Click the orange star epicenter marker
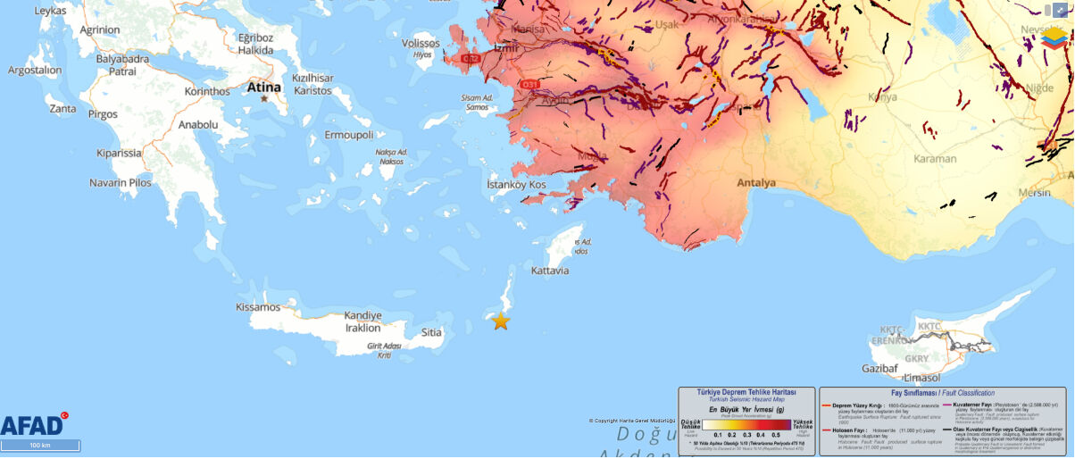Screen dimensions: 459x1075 pyautogui.click(x=501, y=321)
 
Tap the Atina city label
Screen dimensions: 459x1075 pyautogui.click(x=263, y=88)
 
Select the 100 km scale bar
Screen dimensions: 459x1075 pyautogui.click(x=40, y=445)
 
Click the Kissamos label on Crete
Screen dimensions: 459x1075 pyautogui.click(x=258, y=306)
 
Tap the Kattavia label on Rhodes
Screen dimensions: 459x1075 pyautogui.click(x=549, y=270)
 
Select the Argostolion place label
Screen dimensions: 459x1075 pyautogui.click(x=35, y=70)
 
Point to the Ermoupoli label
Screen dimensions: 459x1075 pyautogui.click(x=348, y=135)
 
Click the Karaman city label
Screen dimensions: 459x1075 pyautogui.click(x=934, y=158)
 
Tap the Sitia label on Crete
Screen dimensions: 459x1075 pyautogui.click(x=431, y=332)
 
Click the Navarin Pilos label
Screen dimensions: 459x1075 pyautogui.click(x=121, y=183)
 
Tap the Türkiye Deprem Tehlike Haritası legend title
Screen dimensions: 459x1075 pyautogui.click(x=746, y=392)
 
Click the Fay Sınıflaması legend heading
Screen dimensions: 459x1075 pyautogui.click(x=943, y=393)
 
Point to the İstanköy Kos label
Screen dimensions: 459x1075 pyautogui.click(x=515, y=184)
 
